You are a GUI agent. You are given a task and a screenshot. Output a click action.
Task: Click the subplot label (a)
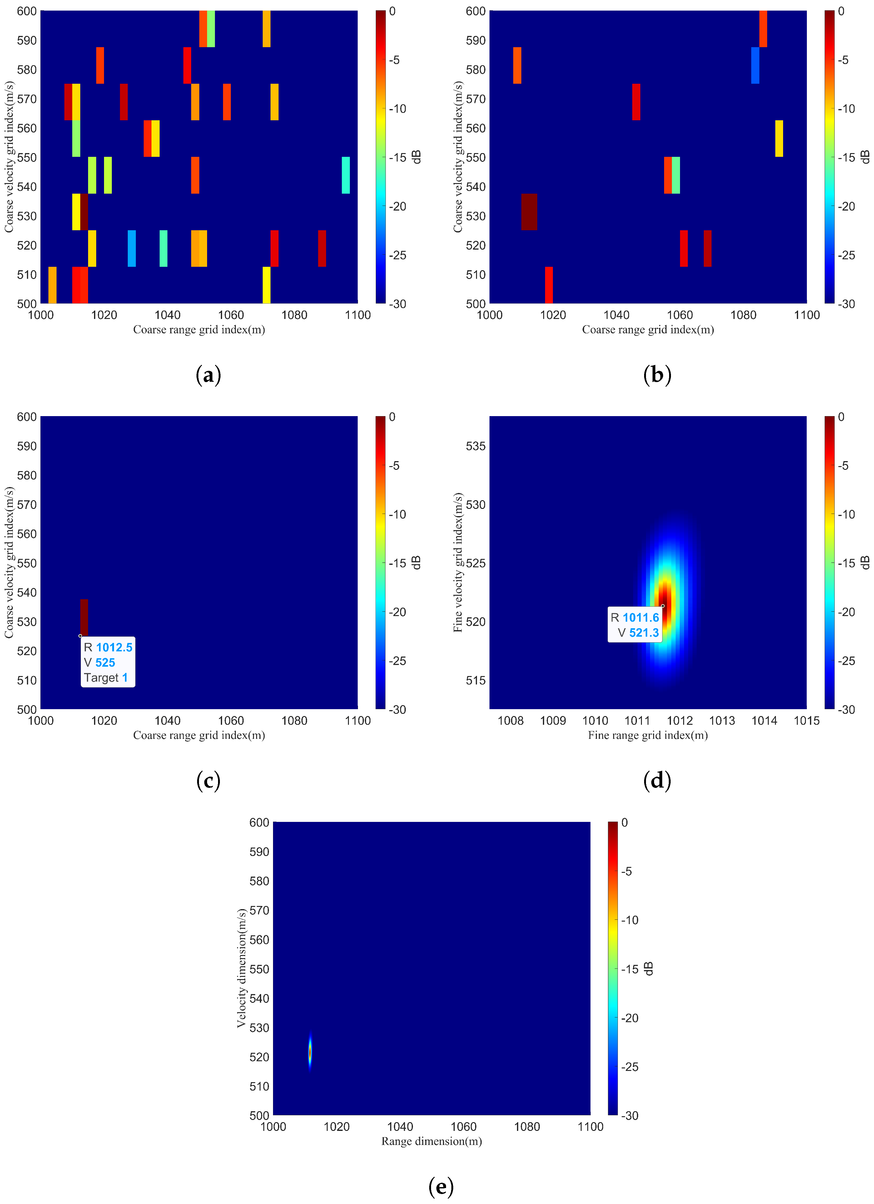click(208, 375)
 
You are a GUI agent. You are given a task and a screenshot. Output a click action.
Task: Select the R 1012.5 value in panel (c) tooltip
click(114, 647)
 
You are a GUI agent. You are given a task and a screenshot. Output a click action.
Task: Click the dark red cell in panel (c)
click(84, 617)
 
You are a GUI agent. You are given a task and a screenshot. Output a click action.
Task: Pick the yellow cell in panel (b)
click(778, 139)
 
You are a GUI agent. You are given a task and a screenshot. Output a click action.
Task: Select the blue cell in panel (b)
click(755, 65)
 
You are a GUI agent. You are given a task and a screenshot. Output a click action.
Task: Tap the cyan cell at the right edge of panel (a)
click(345, 175)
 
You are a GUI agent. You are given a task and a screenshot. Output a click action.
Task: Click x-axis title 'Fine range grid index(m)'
click(648, 735)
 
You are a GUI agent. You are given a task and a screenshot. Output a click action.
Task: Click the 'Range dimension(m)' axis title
click(431, 1141)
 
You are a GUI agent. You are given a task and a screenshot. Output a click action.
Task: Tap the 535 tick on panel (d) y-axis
click(475, 446)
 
